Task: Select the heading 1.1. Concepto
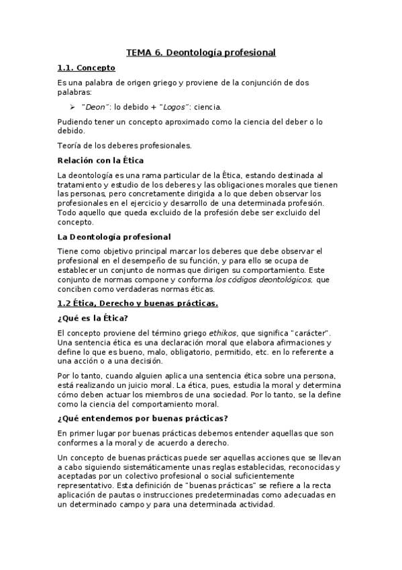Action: pyautogui.click(x=87, y=68)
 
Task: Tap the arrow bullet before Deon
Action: pyautogui.click(x=72, y=107)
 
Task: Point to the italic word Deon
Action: pyautogui.click(x=95, y=107)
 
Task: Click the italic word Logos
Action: pyautogui.click(x=174, y=107)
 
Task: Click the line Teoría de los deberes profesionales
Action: pyautogui.click(x=125, y=145)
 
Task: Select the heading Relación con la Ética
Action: pyautogui.click(x=101, y=160)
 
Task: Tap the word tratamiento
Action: pyautogui.click(x=81, y=184)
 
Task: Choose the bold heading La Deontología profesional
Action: pyautogui.click(x=114, y=236)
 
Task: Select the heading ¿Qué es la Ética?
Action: pyautogui.click(x=93, y=319)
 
